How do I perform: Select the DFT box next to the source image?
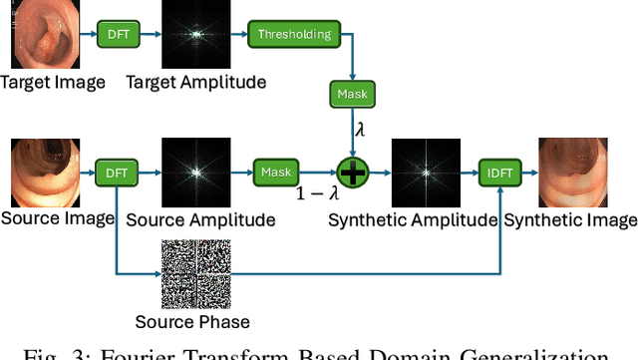116,172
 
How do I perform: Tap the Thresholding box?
294,35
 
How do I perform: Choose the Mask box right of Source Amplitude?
276,172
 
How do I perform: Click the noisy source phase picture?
195,273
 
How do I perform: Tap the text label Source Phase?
192,321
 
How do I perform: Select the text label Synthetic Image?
569,218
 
